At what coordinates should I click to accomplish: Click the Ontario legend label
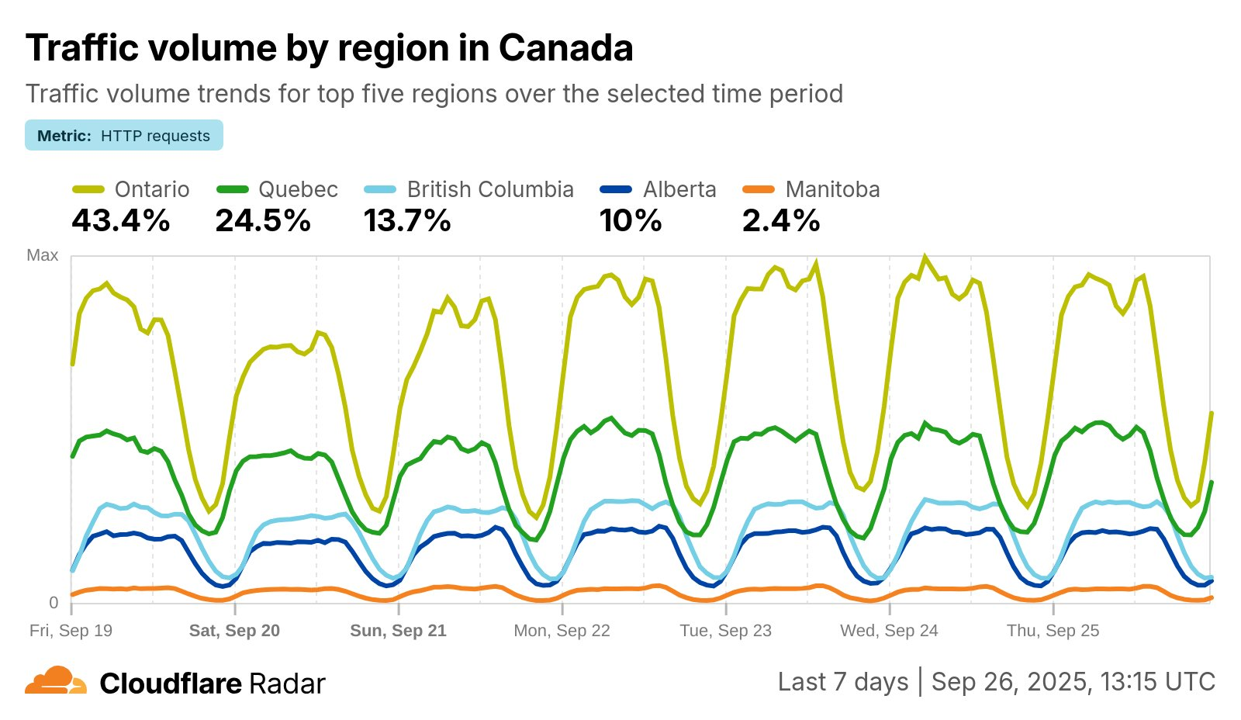[152, 189]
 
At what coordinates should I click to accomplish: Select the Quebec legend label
[298, 189]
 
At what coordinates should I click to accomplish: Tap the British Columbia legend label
[490, 189]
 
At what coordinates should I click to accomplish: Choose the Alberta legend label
[679, 189]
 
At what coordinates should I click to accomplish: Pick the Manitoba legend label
[832, 189]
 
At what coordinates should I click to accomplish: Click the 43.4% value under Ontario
[121, 221]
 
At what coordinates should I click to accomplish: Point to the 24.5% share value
[264, 221]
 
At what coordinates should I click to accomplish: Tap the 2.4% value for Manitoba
[781, 221]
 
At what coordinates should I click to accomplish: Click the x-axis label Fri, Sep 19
[71, 631]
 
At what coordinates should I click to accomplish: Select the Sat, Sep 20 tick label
[234, 631]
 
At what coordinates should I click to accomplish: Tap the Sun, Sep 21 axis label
[398, 631]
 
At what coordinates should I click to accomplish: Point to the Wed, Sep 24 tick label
[889, 631]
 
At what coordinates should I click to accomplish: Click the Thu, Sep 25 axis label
[1053, 631]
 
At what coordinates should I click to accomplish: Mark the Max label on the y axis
[43, 255]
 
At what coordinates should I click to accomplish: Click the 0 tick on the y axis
[54, 603]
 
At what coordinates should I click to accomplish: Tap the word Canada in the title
[565, 48]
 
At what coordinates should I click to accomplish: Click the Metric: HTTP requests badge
[124, 136]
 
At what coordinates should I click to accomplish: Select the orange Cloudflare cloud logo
[56, 680]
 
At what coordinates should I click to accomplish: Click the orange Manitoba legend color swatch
[759, 189]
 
